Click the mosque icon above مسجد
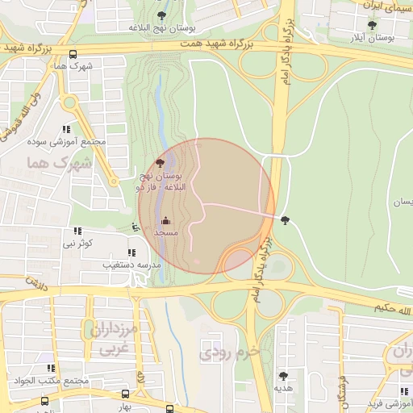point(166,220)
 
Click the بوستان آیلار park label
point(370,38)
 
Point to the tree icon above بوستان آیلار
point(372,25)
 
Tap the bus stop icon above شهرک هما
point(73,54)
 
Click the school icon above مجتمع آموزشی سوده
point(66,129)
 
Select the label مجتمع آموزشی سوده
point(77,142)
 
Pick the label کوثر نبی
point(79,242)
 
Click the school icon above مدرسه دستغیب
point(131,252)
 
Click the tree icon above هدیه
point(283,375)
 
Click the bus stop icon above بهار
point(125,394)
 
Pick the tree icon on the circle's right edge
point(285,219)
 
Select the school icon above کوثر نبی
point(77,232)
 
